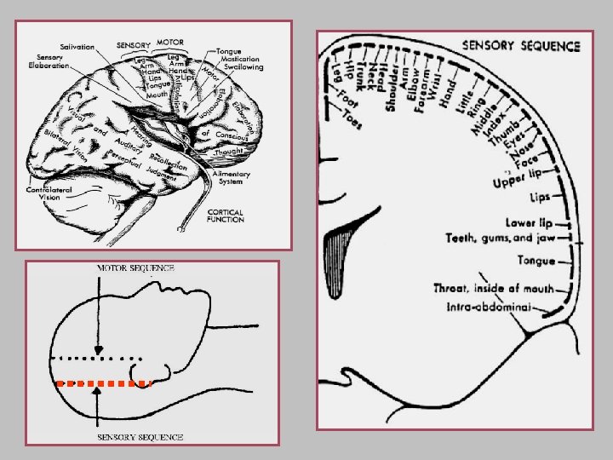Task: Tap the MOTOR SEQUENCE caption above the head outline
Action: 135,267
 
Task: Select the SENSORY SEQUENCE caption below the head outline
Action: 140,437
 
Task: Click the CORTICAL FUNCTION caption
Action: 225,216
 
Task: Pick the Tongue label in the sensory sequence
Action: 536,261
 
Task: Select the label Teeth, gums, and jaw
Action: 500,239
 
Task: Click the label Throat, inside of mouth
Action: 493,289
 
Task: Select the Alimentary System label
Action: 231,177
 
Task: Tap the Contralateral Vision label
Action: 52,193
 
